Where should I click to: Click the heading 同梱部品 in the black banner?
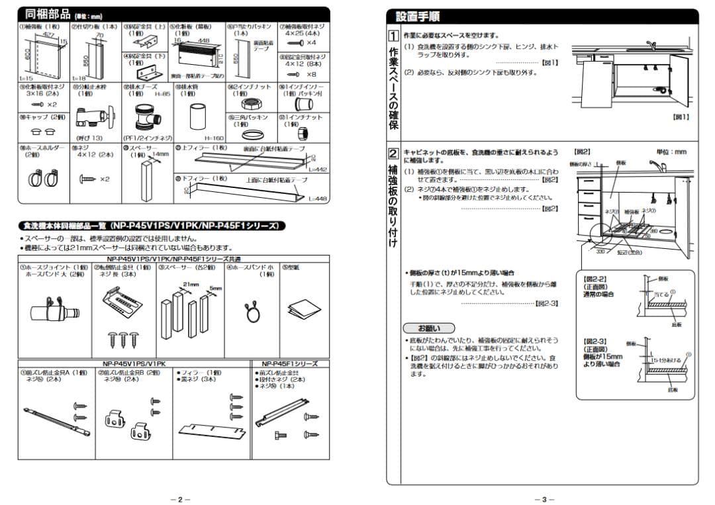(x=44, y=13)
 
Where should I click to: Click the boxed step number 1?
(x=393, y=36)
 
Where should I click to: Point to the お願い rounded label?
(x=428, y=328)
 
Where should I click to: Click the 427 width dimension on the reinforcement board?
(x=48, y=35)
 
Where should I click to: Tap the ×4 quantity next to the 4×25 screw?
(x=311, y=43)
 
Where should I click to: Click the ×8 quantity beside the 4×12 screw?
(x=311, y=74)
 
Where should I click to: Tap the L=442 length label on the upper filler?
(x=318, y=170)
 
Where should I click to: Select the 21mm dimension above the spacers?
(x=191, y=284)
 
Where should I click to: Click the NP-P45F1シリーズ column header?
(x=289, y=364)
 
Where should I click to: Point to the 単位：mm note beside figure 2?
(x=671, y=152)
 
